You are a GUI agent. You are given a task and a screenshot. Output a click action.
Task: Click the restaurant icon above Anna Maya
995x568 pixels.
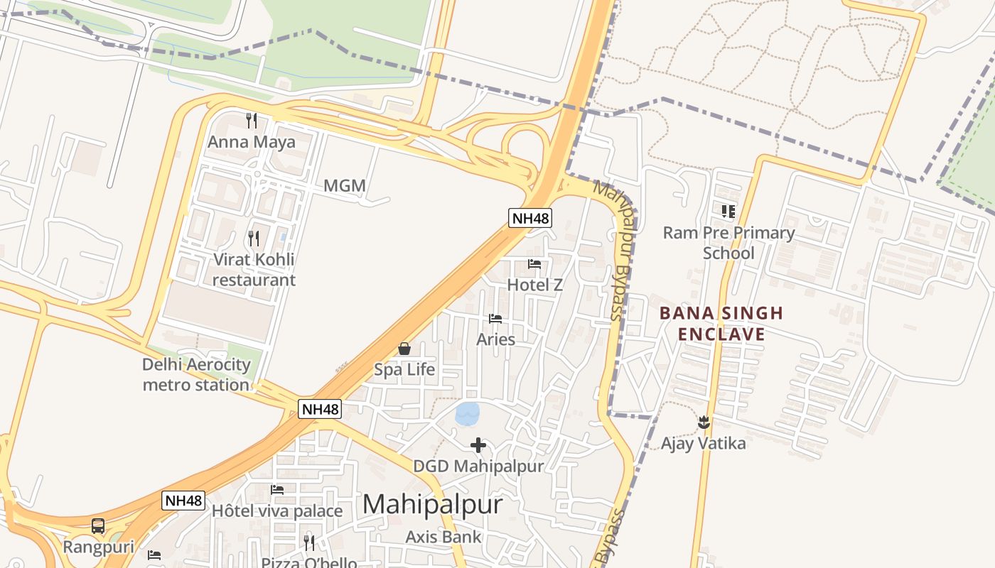click(251, 120)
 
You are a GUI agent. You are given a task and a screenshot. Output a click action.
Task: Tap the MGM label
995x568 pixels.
click(345, 186)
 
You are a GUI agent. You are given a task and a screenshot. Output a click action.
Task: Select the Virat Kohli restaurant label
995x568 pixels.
click(254, 270)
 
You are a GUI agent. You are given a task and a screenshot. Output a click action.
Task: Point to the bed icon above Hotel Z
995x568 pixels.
click(534, 264)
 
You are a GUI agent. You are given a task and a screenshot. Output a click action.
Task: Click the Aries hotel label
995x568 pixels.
click(495, 339)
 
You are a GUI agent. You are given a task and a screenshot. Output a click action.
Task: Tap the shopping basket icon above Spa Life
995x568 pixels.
click(404, 349)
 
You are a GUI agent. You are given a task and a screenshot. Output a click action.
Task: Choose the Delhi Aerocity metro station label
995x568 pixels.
click(196, 375)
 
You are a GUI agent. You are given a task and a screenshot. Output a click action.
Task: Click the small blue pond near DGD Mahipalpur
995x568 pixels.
click(467, 413)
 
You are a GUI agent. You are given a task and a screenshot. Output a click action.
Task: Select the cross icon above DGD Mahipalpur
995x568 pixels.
click(478, 445)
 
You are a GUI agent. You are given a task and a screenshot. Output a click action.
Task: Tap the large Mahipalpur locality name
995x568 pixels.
click(432, 505)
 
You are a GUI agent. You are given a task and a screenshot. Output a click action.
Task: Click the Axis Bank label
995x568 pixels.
click(443, 537)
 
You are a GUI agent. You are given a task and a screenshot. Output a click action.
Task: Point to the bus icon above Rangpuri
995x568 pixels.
click(98, 526)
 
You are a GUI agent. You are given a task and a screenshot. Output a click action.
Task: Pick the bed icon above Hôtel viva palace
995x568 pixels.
click(277, 490)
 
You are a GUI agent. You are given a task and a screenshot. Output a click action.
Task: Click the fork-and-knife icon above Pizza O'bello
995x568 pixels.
click(309, 543)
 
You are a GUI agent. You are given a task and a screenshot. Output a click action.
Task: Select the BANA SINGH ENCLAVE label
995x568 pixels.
click(721, 324)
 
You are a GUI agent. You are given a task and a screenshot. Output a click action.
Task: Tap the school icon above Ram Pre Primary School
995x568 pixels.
click(728, 211)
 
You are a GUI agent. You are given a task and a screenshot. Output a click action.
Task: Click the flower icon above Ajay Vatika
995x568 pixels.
click(704, 422)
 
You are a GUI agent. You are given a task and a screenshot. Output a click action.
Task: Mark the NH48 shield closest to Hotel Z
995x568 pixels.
click(530, 218)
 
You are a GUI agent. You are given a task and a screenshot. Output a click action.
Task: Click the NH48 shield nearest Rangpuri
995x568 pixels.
click(184, 501)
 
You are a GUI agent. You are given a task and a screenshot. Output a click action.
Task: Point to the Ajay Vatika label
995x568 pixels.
click(704, 444)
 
